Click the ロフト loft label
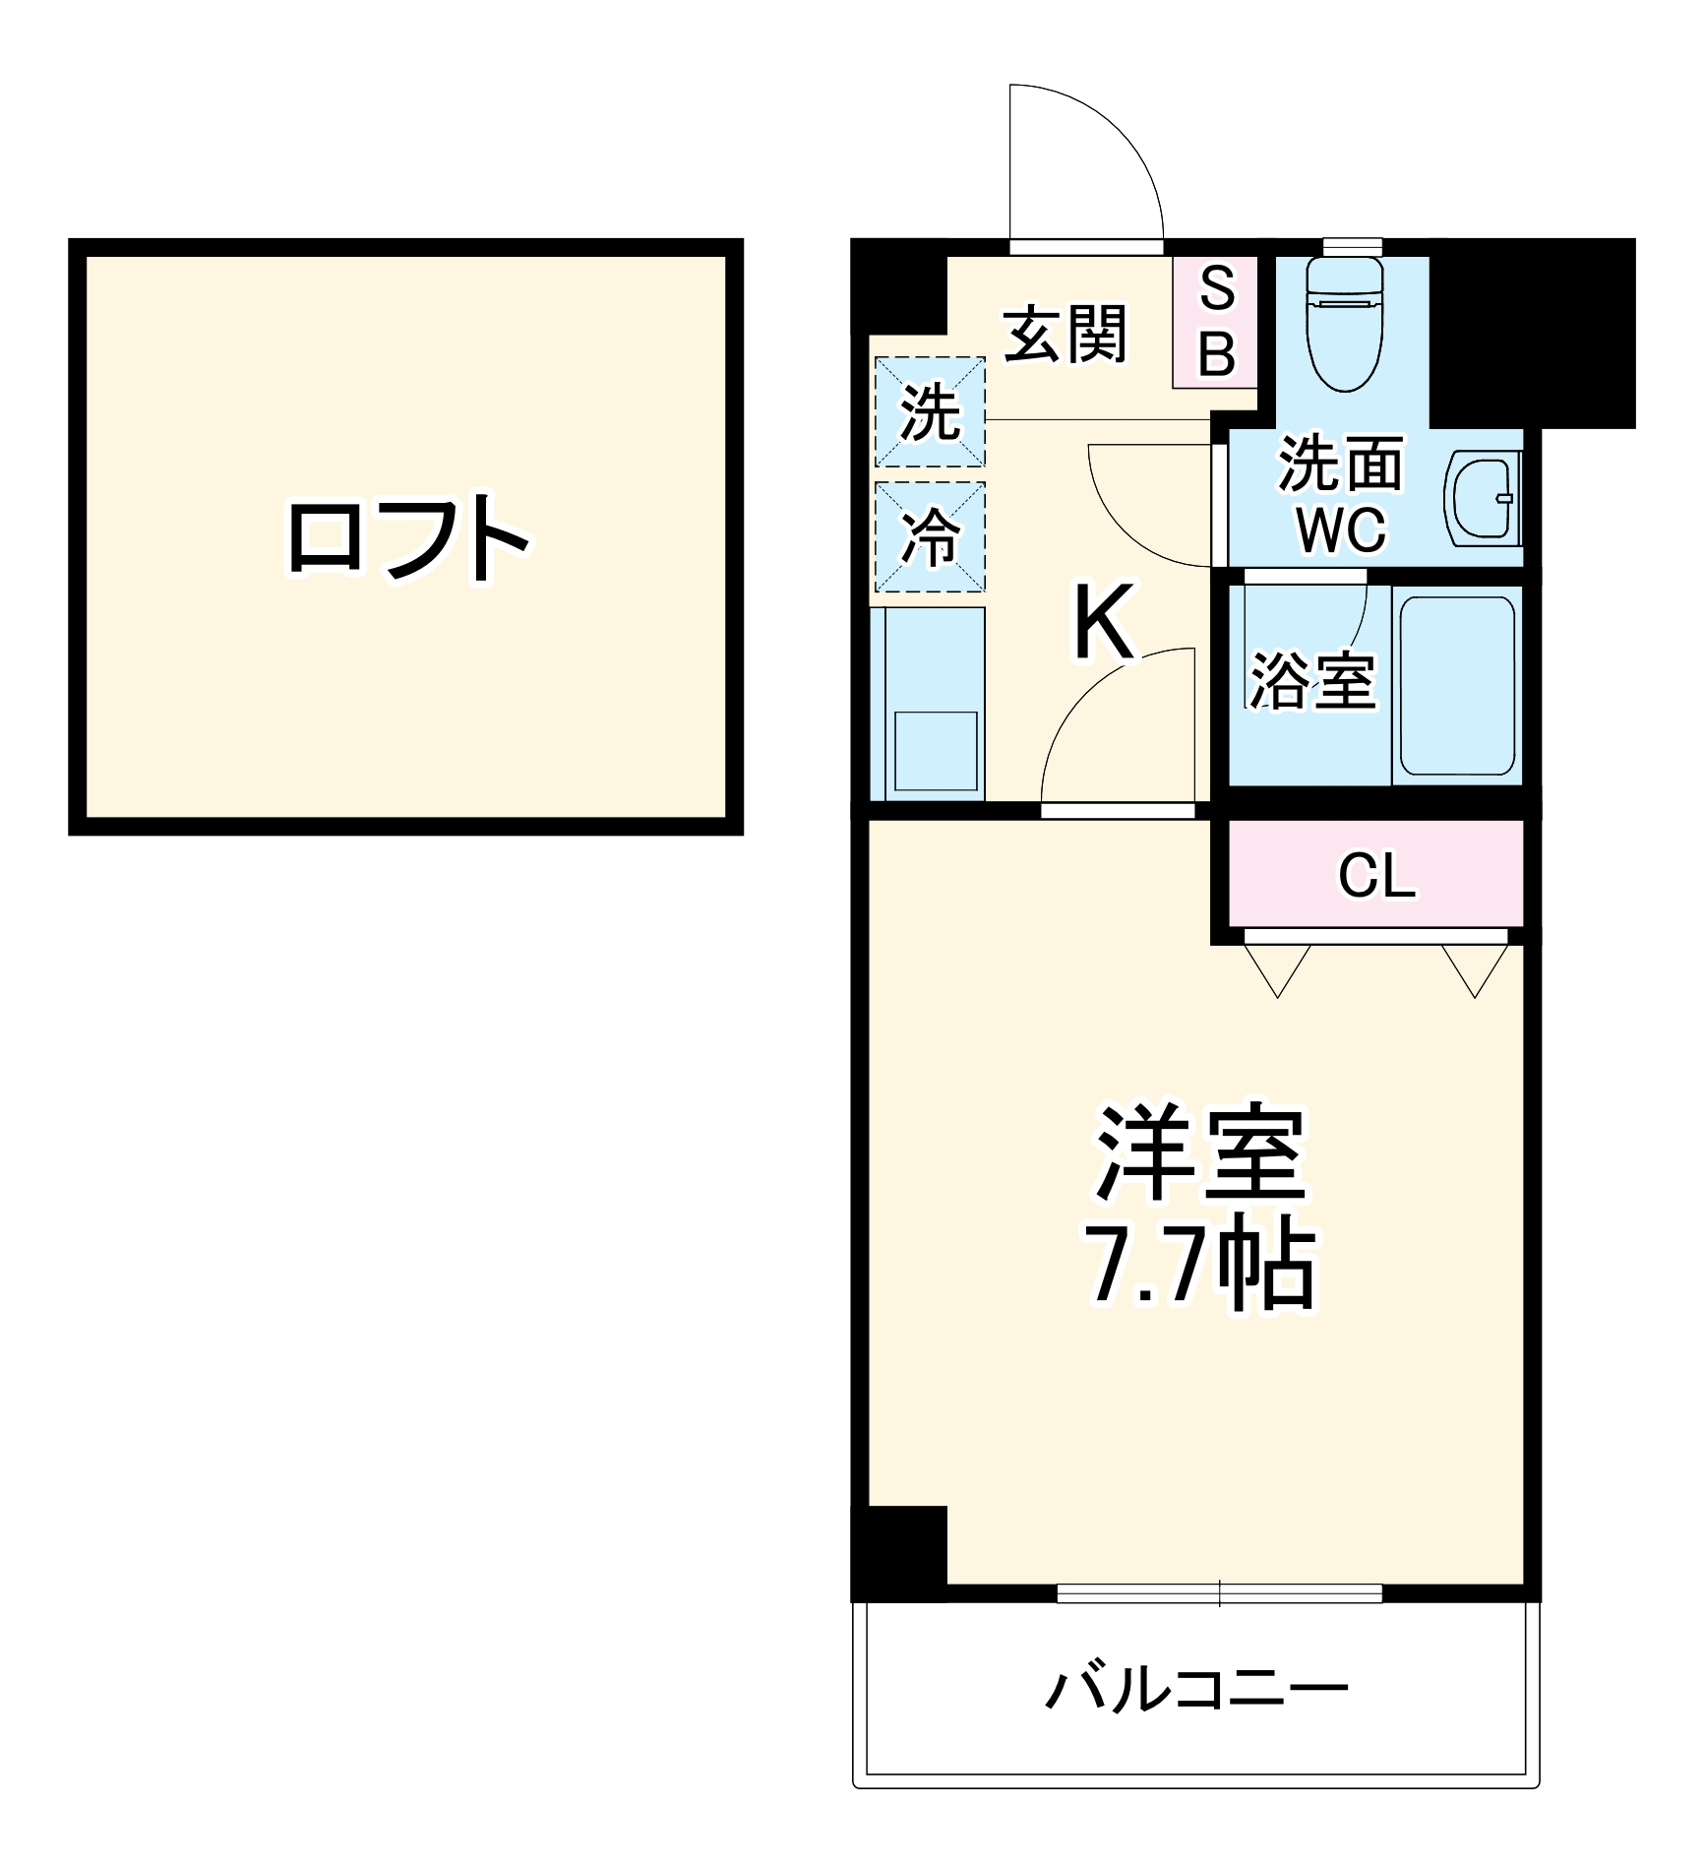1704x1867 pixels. click(x=407, y=538)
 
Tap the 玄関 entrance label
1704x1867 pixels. click(x=1065, y=335)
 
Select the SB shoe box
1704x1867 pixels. click(x=1216, y=322)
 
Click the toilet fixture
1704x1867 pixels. click(x=1344, y=325)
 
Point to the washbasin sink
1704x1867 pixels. click(x=1483, y=498)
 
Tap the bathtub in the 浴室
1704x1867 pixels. click(x=1457, y=685)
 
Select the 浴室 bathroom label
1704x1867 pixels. click(x=1312, y=680)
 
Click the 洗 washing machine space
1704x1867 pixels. click(x=930, y=411)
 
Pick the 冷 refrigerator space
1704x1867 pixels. click(x=930, y=537)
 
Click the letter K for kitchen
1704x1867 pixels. click(x=1104, y=622)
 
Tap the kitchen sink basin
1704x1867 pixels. click(x=936, y=750)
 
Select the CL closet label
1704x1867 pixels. click(x=1376, y=874)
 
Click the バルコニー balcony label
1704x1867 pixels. click(x=1195, y=1689)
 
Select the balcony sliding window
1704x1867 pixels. click(x=1219, y=1592)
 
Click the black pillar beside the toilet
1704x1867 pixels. click(x=1531, y=333)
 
